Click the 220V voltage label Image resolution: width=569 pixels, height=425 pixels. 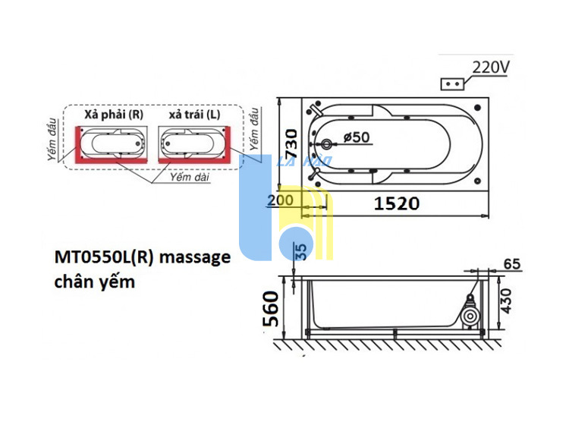coord(491,67)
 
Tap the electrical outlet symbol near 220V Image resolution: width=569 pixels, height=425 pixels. coord(452,83)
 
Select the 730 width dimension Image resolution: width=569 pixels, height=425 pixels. coord(291,144)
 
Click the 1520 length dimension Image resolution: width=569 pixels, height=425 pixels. coord(397,203)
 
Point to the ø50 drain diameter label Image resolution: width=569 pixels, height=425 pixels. coord(357,137)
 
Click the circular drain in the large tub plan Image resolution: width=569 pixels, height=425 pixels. coord(326,144)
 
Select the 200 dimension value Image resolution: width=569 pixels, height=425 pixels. coord(280,200)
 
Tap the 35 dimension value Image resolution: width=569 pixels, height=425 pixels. coord(301,251)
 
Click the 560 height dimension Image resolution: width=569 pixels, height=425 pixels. coord(271,308)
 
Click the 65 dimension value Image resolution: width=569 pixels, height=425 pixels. coord(512,264)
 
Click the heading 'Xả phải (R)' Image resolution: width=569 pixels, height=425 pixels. coord(114,115)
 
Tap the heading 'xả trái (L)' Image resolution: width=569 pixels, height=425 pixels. coord(194,115)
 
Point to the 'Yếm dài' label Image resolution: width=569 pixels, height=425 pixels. coord(190,177)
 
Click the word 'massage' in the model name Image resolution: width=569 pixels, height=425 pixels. coord(195,258)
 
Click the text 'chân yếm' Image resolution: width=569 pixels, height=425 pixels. coord(95,282)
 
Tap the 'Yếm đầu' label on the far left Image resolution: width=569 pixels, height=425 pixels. coord(52,140)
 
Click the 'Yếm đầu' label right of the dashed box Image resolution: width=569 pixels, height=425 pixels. coord(254,129)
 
